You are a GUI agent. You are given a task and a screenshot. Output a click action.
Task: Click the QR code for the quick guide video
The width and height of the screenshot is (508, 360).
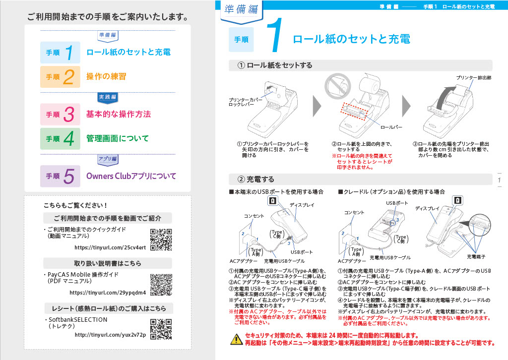point(161,239)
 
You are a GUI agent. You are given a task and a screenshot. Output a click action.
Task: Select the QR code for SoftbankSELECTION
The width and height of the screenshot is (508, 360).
point(161,329)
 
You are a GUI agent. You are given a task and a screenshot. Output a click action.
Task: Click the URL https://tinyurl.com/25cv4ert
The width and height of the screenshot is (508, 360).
point(110,247)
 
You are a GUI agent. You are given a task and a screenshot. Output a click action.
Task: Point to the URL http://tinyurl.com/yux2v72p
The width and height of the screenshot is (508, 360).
point(110,335)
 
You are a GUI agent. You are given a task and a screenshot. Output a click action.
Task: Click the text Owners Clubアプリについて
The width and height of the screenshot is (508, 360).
point(131,176)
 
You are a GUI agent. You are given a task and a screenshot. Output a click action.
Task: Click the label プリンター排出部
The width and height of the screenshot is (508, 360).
point(474,78)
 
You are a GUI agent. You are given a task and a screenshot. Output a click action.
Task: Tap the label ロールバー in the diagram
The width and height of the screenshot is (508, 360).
point(391,127)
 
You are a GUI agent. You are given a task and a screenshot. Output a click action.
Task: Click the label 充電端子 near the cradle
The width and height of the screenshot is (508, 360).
point(476,256)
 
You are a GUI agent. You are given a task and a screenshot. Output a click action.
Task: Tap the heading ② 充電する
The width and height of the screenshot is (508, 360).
point(256,179)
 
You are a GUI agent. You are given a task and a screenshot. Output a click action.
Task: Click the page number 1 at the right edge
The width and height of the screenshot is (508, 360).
point(500,180)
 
